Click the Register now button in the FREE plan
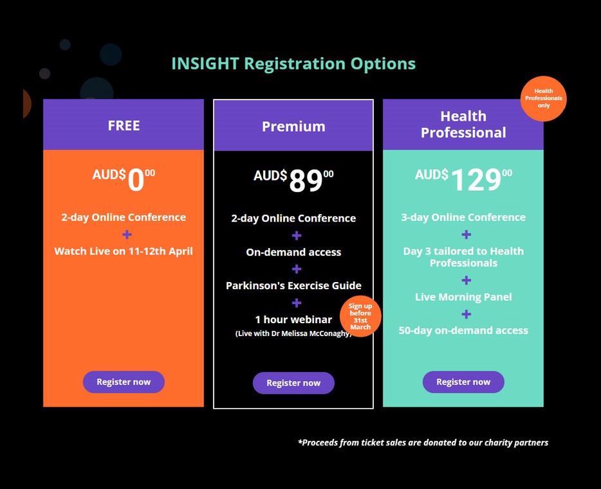point(124,382)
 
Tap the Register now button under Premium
point(293,383)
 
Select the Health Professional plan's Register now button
point(463,382)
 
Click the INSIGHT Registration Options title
point(293,64)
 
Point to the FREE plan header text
point(124,125)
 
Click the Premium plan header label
point(293,127)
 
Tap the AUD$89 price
point(293,180)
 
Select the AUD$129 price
point(463,179)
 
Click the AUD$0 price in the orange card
point(124,179)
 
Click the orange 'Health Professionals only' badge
point(544,98)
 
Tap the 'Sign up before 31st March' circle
point(360,316)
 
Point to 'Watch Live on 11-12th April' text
point(124,251)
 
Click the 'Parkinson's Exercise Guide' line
point(293,285)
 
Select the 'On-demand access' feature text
point(293,252)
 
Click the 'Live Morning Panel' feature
point(463,297)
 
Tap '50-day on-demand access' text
point(463,330)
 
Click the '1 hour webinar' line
point(293,319)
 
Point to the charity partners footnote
point(423,443)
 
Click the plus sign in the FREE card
point(127,235)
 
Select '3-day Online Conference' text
point(463,217)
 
